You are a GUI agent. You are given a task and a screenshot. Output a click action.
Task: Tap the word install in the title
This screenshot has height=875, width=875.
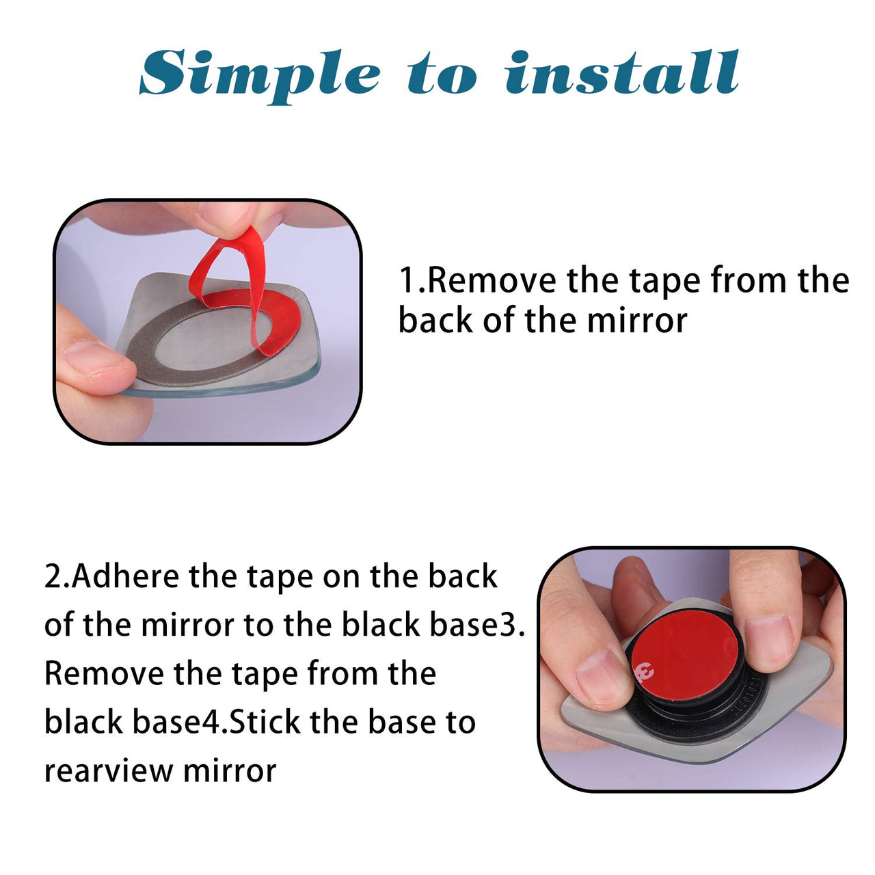point(622,72)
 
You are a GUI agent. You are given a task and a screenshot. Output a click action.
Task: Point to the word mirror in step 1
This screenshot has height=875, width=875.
point(636,321)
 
